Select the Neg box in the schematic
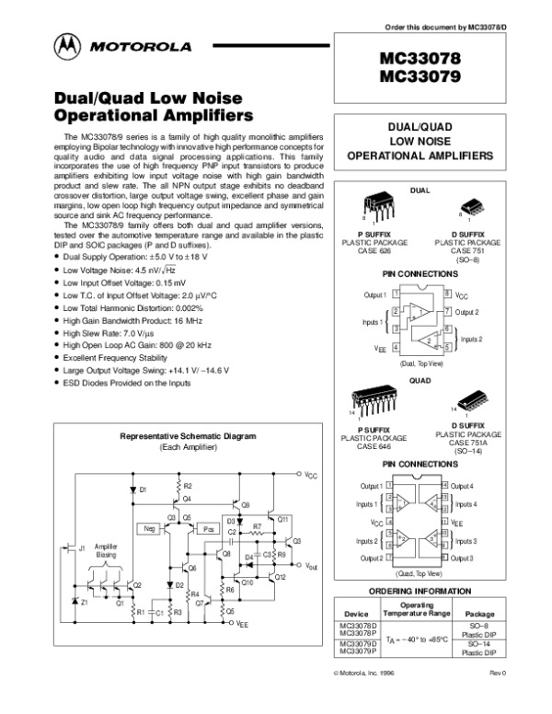149,529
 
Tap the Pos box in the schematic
210,529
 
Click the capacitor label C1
157,611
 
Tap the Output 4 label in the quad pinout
464,486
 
